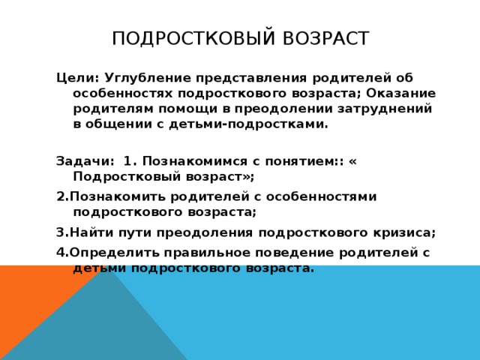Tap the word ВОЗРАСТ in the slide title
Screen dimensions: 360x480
pos(322,38)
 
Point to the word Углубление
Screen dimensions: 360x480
pos(148,77)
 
